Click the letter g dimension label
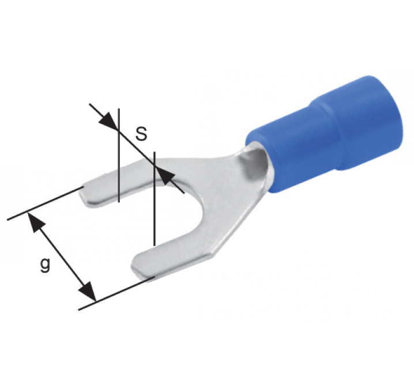pyautogui.click(x=45, y=265)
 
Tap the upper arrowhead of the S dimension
pyautogui.click(x=109, y=121)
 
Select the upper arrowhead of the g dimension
pyautogui.click(x=35, y=222)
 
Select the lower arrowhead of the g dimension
pyautogui.click(x=88, y=291)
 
